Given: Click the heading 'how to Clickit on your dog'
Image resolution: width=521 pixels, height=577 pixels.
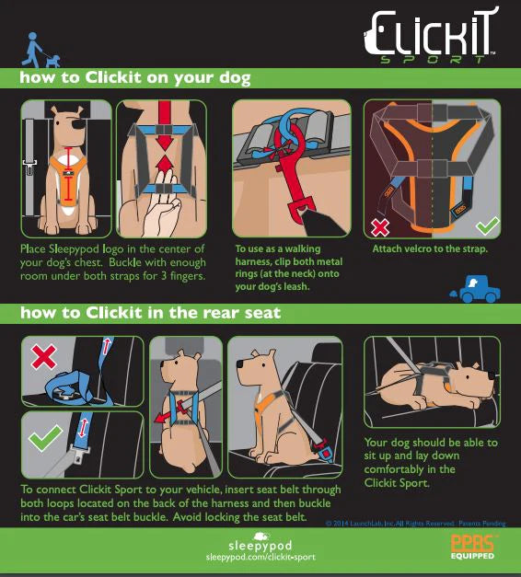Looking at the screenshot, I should tap(134, 78).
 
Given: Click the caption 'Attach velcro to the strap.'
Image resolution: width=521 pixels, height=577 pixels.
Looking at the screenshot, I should tap(429, 249).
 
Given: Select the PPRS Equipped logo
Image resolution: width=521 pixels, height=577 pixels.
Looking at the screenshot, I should tap(472, 548).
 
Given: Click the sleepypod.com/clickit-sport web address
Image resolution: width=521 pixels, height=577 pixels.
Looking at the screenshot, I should tap(260, 558).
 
